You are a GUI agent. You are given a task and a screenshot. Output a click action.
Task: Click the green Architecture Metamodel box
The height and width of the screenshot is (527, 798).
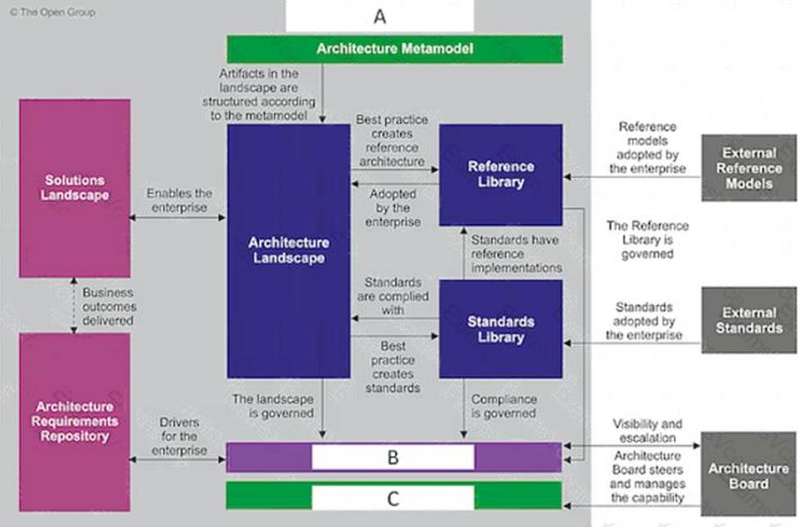point(394,49)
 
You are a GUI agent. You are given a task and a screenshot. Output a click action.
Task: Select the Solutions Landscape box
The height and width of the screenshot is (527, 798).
point(75,188)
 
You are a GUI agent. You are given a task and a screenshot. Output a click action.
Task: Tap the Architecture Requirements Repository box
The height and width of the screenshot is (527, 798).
point(75,421)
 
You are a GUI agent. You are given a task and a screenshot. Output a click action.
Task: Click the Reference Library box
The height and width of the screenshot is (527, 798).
point(501,174)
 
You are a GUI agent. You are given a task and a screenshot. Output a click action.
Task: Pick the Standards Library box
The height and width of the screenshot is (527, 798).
point(501,329)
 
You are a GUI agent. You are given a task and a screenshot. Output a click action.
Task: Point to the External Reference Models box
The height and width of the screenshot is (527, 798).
point(748,168)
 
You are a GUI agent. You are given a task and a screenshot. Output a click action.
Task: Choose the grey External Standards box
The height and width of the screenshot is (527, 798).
point(748,320)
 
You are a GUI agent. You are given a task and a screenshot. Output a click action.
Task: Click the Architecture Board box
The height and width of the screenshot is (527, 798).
point(748,475)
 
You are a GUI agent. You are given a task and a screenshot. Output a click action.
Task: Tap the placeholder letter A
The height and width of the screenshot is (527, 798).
point(379,16)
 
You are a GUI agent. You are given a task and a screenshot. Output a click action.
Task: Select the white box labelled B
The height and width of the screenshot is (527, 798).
point(392,457)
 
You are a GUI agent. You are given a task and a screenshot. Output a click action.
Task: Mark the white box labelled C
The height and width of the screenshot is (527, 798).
point(392,497)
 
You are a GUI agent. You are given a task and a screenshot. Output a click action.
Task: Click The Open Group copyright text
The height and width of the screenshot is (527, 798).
point(52,12)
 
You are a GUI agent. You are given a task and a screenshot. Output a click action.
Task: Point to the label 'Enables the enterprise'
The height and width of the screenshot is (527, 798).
point(179,201)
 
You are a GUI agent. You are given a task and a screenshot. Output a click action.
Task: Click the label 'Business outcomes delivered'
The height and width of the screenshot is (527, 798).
point(107,307)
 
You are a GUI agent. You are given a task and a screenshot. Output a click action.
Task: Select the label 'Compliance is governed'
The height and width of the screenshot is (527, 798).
point(504,407)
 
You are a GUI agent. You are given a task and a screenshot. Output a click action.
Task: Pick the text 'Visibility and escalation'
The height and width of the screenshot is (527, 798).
point(647,431)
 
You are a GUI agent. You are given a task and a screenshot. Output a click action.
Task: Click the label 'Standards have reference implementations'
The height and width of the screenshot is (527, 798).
point(515,254)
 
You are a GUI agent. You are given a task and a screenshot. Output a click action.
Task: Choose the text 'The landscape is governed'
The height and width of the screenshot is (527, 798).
point(273,407)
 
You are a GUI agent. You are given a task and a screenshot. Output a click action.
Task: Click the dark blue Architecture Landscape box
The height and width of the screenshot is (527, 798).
point(288,250)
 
